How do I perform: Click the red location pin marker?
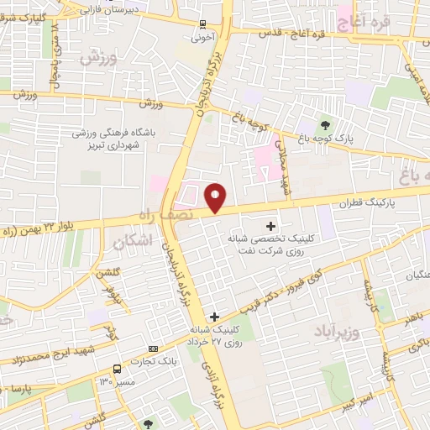(x=216, y=198)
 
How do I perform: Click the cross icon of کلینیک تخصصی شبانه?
(x=270, y=225)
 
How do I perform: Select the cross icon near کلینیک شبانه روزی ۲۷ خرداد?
(x=215, y=317)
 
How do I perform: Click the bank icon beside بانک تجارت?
(x=152, y=349)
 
